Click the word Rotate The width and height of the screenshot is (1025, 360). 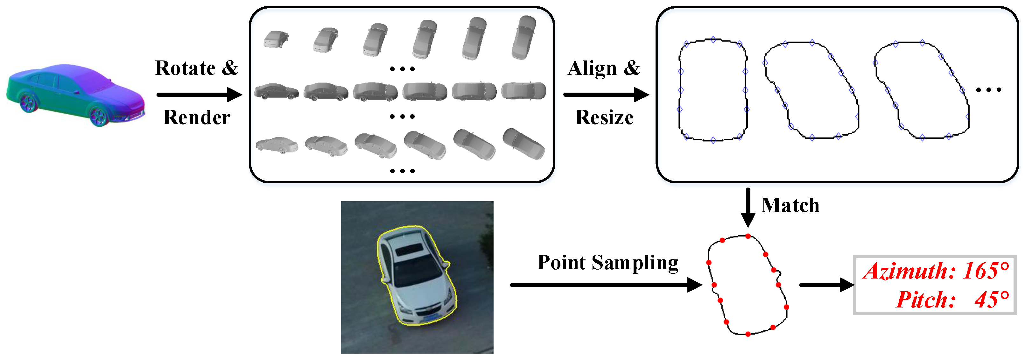click(185, 68)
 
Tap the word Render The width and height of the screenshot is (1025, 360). click(197, 117)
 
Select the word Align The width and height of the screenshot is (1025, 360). click(592, 68)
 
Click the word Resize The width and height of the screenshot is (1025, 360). click(604, 117)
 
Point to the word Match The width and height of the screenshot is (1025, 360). click(790, 206)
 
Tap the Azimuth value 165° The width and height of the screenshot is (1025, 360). click(986, 271)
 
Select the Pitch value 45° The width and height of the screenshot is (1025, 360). click(992, 300)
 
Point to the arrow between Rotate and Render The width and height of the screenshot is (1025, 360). click(199, 95)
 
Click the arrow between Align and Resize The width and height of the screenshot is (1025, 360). click(606, 95)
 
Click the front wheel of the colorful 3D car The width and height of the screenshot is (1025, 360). click(98, 116)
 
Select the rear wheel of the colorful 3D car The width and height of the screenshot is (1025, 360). click(29, 102)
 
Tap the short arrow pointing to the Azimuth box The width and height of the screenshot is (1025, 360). click(826, 285)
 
